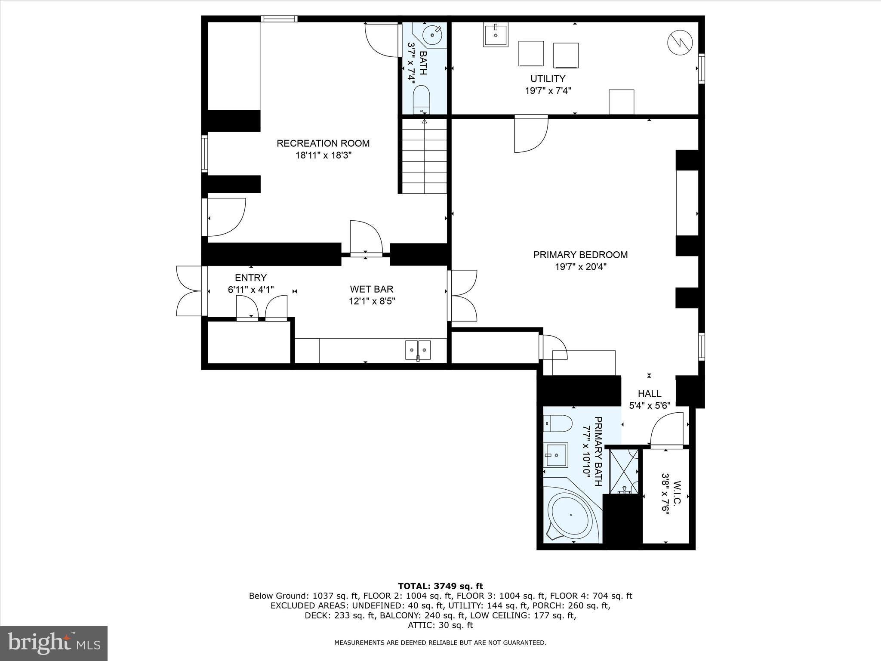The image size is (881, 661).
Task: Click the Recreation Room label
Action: [x=323, y=143]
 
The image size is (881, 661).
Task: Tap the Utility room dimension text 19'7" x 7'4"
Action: [x=548, y=91]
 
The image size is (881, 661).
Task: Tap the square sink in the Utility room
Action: [x=496, y=34]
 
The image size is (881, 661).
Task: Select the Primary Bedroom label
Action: [x=580, y=255]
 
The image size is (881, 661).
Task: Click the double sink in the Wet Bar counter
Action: [x=418, y=349]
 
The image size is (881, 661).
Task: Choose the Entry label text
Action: [x=251, y=278]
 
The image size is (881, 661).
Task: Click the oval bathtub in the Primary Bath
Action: [x=571, y=515]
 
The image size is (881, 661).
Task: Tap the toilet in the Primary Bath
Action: [x=558, y=424]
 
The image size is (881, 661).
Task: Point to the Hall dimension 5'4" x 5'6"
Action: [x=650, y=405]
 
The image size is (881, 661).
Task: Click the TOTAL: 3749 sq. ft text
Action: [x=440, y=586]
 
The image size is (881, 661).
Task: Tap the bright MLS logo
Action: [x=54, y=643]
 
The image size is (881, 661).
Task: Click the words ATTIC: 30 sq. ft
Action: [x=440, y=625]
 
